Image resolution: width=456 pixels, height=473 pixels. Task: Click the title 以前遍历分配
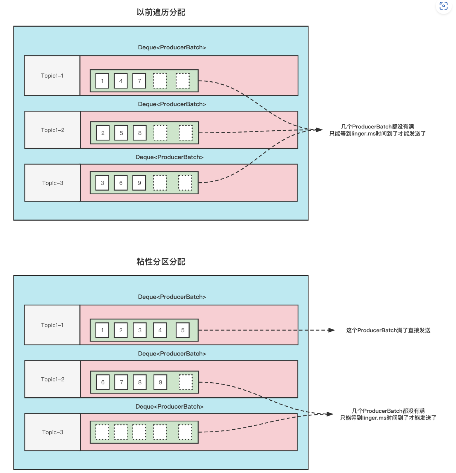pos(161,12)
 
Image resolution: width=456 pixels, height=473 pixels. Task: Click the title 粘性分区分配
pos(161,262)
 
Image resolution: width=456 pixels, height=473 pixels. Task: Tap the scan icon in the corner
pos(444,6)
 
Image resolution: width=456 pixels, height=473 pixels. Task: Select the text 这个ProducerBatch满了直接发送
pos(388,330)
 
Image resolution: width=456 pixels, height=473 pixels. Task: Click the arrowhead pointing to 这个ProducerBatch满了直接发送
pos(331,330)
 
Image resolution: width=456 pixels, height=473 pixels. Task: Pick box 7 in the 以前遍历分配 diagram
pos(139,81)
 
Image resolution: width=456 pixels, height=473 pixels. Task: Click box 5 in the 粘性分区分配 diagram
pos(183,330)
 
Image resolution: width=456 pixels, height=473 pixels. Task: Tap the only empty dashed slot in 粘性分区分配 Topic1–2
pos(185,382)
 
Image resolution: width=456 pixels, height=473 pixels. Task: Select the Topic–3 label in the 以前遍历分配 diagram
pos(53,183)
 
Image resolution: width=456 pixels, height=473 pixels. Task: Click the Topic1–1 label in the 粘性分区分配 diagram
pos(52,325)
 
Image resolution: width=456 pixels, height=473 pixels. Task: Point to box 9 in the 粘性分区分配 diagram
pos(160,382)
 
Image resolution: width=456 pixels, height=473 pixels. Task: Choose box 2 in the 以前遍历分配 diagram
pos(103,133)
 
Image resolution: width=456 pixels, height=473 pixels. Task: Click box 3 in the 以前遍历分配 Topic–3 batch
pos(102,183)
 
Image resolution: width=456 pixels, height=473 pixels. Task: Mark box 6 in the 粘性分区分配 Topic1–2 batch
pos(103,382)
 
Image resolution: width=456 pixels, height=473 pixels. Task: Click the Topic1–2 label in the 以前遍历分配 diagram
pos(53,130)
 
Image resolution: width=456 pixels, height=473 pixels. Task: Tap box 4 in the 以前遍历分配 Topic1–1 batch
pos(121,81)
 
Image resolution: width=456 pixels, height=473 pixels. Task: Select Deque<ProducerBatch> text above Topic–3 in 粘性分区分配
pos(169,406)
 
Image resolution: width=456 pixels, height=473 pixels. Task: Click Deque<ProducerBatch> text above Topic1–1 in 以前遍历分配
pos(172,47)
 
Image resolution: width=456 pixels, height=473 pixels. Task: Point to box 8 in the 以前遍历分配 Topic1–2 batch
pos(140,133)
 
